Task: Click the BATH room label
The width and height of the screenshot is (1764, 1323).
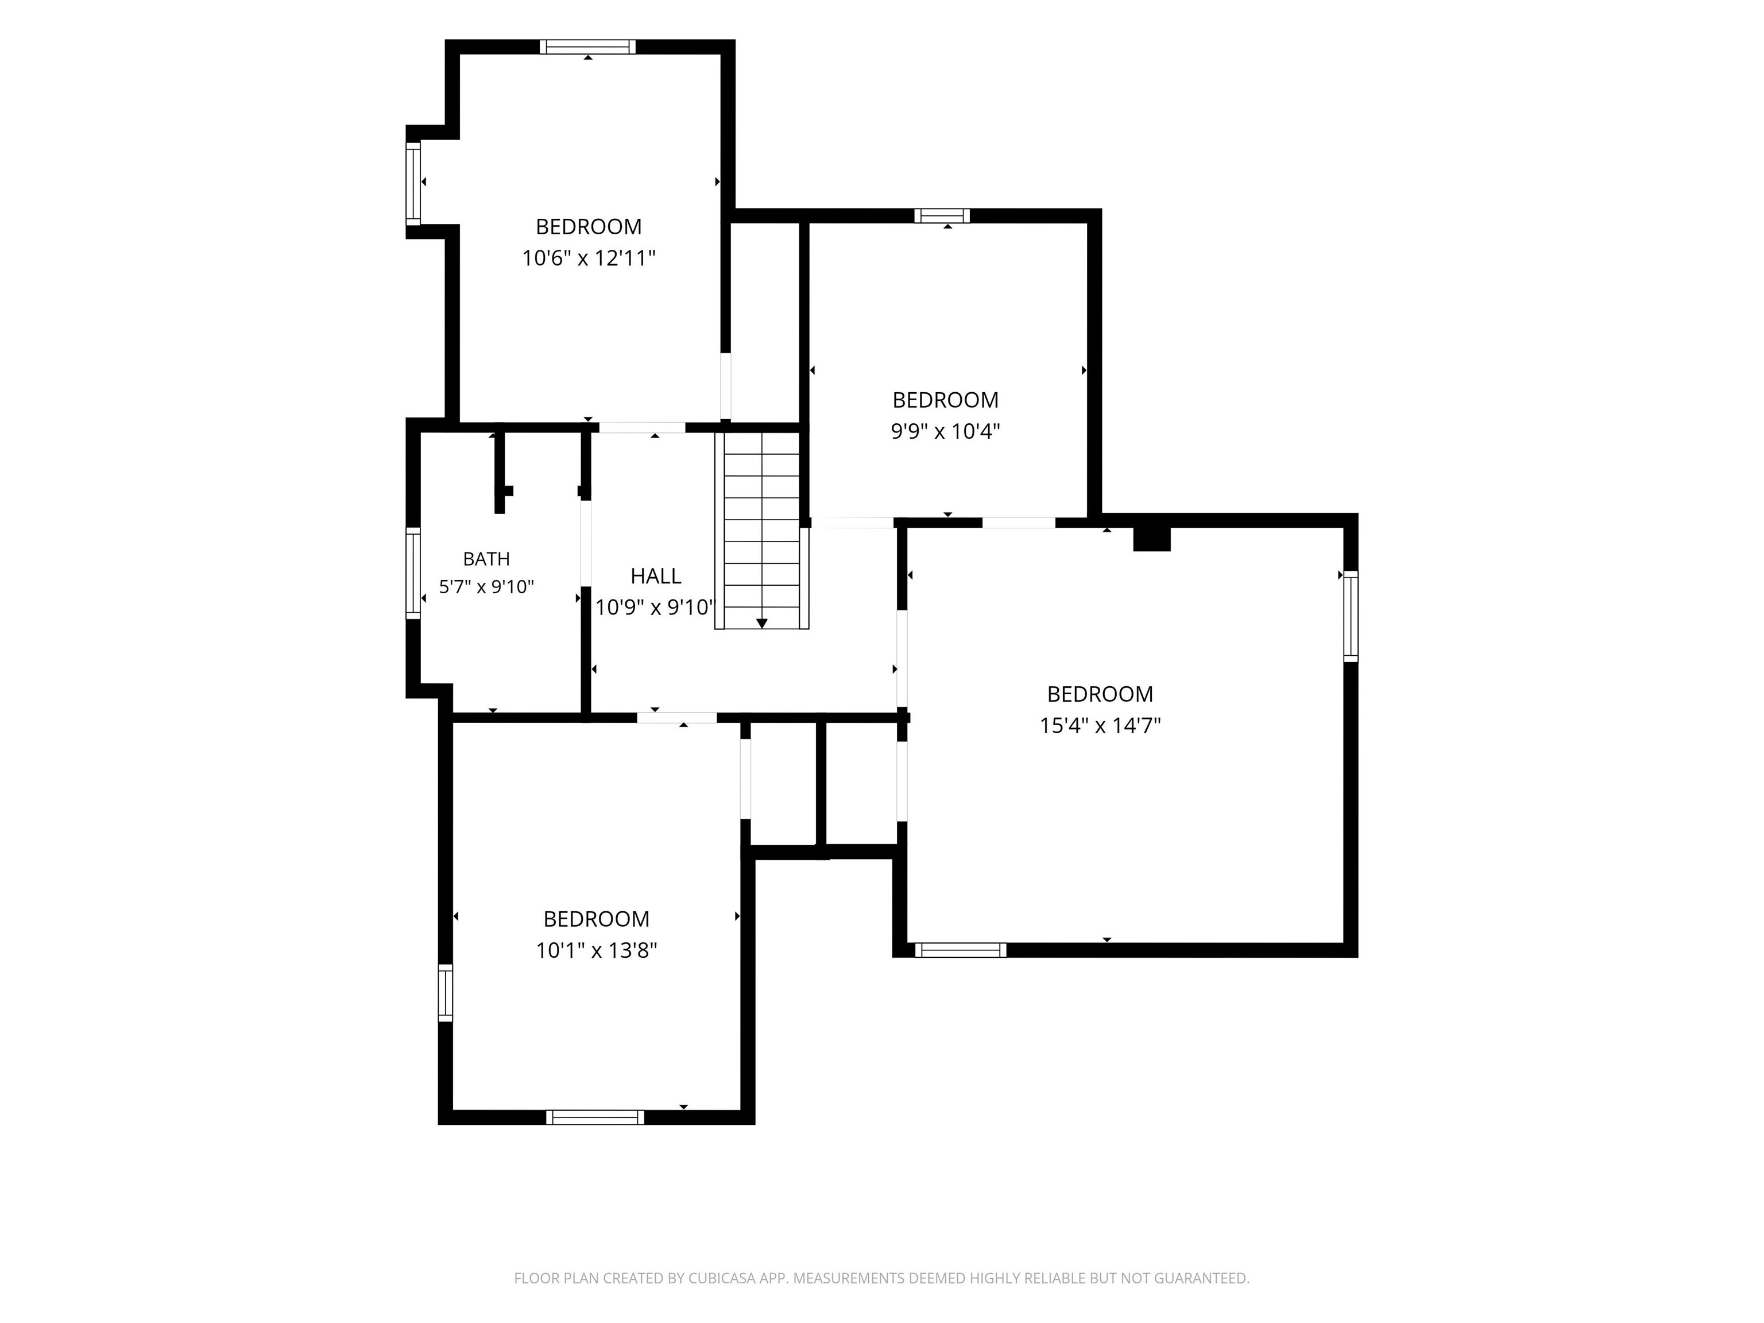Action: [x=486, y=559]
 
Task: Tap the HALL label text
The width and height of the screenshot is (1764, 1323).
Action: [x=656, y=576]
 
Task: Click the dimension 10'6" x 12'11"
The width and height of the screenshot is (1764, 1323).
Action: [x=589, y=258]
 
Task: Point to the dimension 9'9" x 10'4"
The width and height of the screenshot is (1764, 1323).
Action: [x=945, y=431]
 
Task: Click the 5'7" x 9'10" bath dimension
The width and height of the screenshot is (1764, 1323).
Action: [x=486, y=587]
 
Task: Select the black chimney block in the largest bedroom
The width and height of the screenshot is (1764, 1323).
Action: [x=1151, y=539]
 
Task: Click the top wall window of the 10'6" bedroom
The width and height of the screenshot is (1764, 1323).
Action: [x=588, y=47]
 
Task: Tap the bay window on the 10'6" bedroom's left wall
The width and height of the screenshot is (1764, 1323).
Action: [x=413, y=183]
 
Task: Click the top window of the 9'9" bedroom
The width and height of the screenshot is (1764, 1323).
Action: [x=942, y=215]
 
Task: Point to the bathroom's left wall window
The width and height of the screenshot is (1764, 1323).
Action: [x=413, y=572]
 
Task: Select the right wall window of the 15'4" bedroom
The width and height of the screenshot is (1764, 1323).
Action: [x=1350, y=616]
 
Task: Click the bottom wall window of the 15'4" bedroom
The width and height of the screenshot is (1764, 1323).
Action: [x=960, y=950]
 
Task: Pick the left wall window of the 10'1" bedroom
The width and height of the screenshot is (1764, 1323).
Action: [x=445, y=993]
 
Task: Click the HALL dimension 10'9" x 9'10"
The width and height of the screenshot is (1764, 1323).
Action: [x=656, y=608]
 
